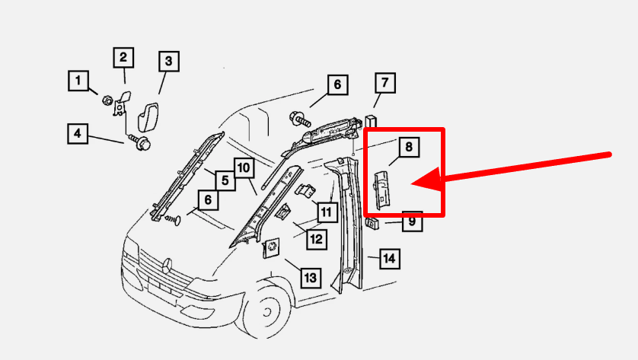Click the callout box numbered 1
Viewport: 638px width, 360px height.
[x=78, y=81]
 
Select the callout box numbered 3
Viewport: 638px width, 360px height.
[x=169, y=62]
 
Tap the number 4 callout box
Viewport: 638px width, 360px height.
[x=78, y=134]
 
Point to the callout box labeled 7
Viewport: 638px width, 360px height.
[x=385, y=83]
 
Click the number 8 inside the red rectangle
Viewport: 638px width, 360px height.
[x=409, y=146]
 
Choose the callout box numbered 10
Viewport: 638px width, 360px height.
[x=244, y=168]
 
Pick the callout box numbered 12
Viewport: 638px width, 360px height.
[x=317, y=239]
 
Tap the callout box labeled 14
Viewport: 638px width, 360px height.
[x=389, y=259]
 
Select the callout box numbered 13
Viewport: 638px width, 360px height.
[x=311, y=279]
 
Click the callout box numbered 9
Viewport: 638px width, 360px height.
[x=412, y=221]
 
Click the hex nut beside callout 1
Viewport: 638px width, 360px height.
[x=107, y=100]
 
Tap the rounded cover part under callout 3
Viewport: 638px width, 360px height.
[x=149, y=117]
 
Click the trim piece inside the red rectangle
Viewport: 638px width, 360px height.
[x=382, y=190]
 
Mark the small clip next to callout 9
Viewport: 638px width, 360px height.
[x=372, y=223]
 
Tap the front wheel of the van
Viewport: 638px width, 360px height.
[x=267, y=312]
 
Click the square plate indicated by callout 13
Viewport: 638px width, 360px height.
[x=270, y=247]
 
